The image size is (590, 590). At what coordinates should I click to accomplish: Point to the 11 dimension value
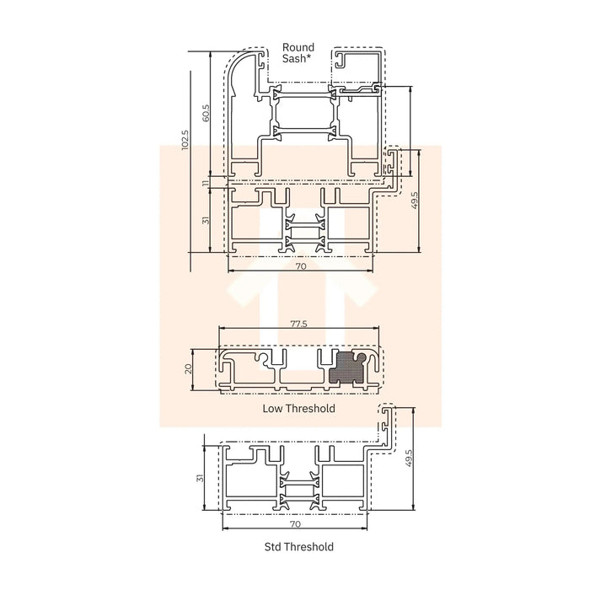coord(205,183)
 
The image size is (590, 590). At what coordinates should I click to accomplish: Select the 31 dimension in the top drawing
coord(205,220)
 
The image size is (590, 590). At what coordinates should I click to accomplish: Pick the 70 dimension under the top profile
coord(300,265)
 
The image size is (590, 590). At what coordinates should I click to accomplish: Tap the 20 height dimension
coord(190,367)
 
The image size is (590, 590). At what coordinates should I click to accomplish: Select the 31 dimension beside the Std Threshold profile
coord(201,478)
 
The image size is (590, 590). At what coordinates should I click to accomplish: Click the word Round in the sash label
coord(298,48)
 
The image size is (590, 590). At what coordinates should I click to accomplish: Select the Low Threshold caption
coord(299,409)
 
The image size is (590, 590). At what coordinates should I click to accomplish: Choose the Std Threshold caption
coord(298,547)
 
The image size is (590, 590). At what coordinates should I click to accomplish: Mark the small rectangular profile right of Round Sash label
coord(360,60)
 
